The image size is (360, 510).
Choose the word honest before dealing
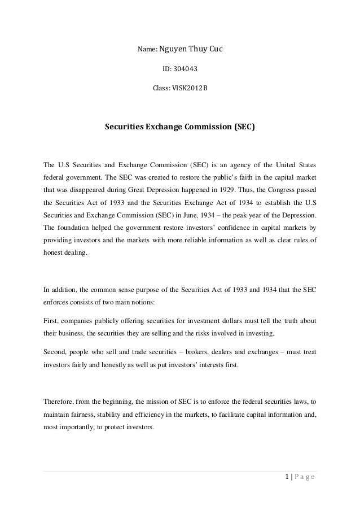tap(54, 253)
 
